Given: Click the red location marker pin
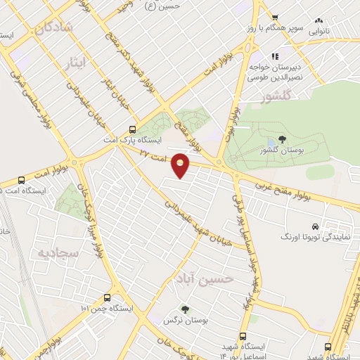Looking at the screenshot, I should (181, 165).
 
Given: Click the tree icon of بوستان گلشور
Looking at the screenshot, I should (282, 139).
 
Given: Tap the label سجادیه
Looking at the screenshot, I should (56, 251).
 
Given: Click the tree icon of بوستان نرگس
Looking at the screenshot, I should (185, 309).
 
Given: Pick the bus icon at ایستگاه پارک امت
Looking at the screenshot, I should (133, 129).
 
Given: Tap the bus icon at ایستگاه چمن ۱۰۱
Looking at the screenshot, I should (107, 297).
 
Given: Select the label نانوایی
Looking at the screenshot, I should (340, 32).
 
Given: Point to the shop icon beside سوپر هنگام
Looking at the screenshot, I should (276, 20).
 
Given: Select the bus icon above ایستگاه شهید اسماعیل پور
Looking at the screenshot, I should (243, 336).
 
